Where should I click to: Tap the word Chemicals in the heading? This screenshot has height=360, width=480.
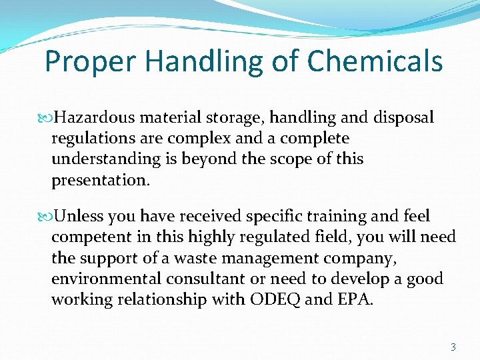[x=375, y=61]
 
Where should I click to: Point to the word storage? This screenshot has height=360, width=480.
[x=234, y=118]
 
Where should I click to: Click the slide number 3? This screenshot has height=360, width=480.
[x=453, y=347]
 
